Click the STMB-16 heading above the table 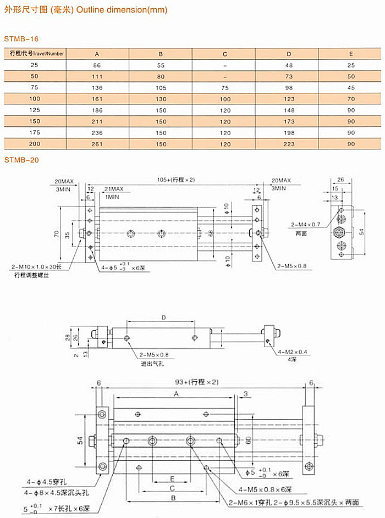pyautogui.click(x=21, y=38)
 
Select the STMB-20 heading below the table pyautogui.click(x=21, y=160)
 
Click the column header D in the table pyautogui.click(x=289, y=54)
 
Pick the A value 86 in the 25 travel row pyautogui.click(x=97, y=65)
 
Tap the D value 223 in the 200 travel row pyautogui.click(x=289, y=144)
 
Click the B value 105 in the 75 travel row pyautogui.click(x=161, y=88)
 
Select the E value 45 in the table pyautogui.click(x=351, y=88)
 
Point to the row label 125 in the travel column pyautogui.click(x=35, y=110)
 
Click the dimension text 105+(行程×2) pyautogui.click(x=176, y=180)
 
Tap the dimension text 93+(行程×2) pyautogui.click(x=197, y=382)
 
